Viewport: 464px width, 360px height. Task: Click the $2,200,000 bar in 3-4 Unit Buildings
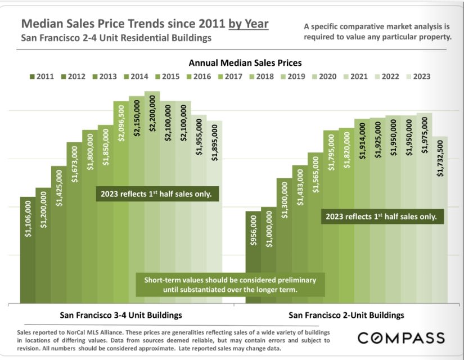(152, 197)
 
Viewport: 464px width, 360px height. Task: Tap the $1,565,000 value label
(315, 174)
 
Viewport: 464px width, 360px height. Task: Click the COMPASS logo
(401, 338)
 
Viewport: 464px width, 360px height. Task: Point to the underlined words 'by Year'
(248, 24)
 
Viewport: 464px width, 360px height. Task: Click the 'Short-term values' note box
(230, 285)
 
